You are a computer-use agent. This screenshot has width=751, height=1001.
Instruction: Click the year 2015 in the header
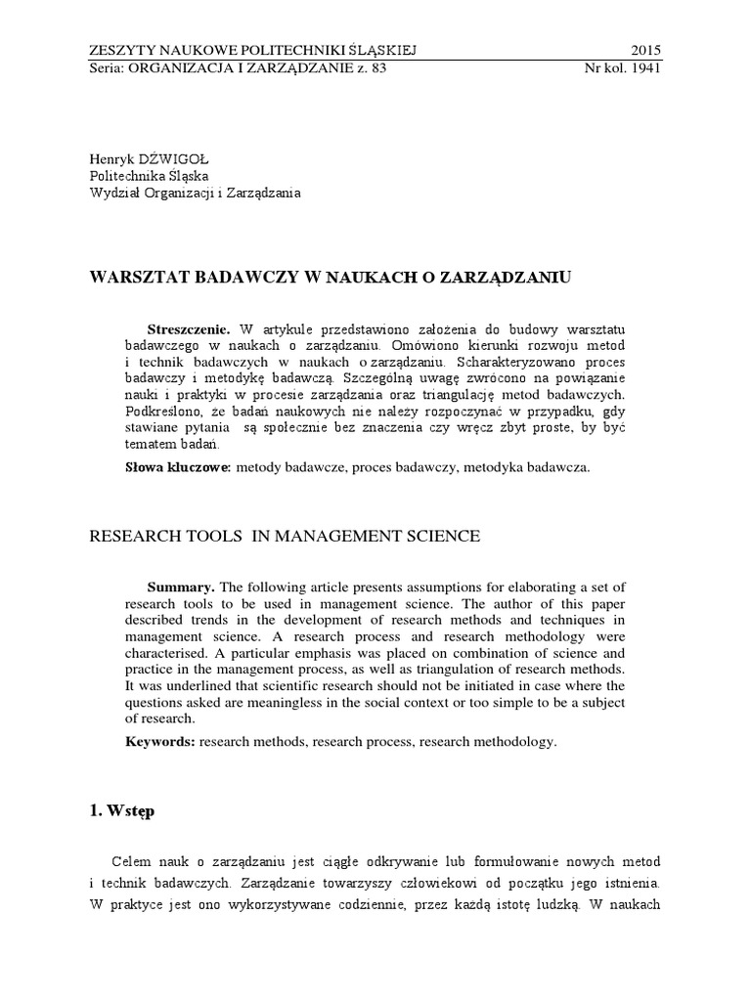(645, 49)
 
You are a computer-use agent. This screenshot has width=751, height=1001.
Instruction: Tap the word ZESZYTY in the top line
(121, 49)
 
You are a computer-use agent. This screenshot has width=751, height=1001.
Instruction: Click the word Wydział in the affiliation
(114, 193)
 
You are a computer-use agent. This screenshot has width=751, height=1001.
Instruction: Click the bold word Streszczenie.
(188, 327)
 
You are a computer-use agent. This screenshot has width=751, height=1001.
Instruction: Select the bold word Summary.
(181, 587)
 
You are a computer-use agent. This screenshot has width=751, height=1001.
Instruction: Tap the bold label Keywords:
(160, 742)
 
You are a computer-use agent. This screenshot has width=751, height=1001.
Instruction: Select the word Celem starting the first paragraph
(131, 861)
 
